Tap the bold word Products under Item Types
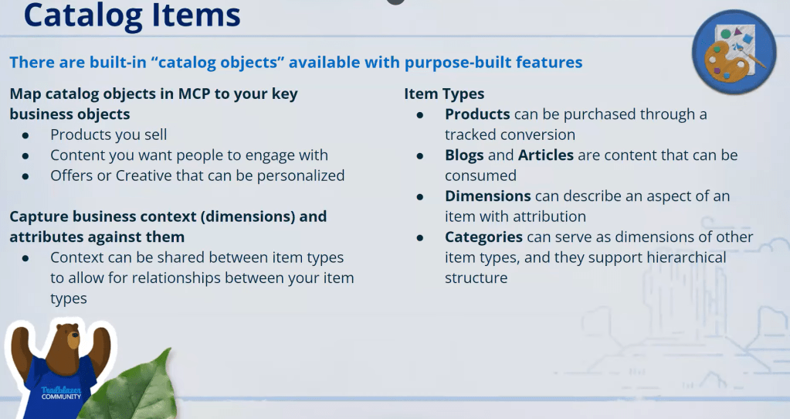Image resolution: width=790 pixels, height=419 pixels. [x=477, y=114]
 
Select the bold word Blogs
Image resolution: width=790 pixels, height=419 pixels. [x=464, y=155]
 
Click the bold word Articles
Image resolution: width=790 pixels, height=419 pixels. [x=546, y=155]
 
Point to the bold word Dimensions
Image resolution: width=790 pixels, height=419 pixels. [x=488, y=196]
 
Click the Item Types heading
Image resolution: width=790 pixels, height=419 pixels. [x=444, y=94]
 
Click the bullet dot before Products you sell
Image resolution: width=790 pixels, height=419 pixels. [x=25, y=135]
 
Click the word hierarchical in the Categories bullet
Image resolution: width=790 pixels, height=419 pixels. [x=687, y=257]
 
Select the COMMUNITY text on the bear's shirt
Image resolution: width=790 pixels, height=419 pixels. [x=61, y=397]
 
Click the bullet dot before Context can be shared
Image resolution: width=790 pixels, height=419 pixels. [x=25, y=258]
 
